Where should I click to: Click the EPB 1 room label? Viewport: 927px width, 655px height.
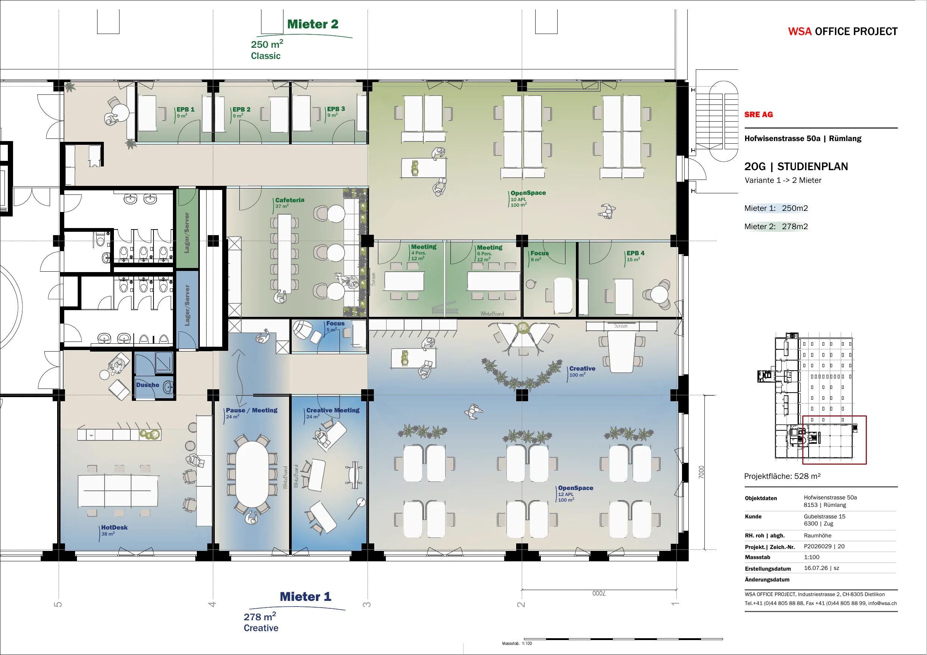point(185,109)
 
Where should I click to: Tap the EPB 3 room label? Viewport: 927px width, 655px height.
point(336,109)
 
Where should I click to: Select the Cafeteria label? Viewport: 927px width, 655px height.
point(290,200)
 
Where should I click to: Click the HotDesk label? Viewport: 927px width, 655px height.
point(114,527)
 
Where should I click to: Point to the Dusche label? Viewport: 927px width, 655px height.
point(148,385)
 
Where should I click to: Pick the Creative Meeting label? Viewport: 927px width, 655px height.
point(333,411)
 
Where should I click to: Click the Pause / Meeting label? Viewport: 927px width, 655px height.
point(251,411)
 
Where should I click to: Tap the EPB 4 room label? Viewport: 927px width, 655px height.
point(636,253)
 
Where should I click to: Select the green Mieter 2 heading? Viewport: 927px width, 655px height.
point(313,24)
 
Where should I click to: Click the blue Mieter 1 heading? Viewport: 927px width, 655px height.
point(306,596)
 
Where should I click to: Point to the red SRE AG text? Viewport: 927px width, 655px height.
point(759,115)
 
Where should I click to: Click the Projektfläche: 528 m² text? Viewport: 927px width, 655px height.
point(782,476)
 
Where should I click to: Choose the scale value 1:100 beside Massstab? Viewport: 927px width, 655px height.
point(812,557)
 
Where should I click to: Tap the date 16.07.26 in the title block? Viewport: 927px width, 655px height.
point(816,568)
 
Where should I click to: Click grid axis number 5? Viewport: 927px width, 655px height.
point(58,605)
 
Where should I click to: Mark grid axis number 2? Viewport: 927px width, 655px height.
point(521,605)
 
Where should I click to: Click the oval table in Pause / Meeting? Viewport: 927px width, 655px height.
point(251,474)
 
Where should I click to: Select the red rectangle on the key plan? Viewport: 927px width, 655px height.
point(803,440)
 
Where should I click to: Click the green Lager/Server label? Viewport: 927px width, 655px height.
point(186,233)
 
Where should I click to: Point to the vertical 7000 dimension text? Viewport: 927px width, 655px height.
point(701,472)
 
